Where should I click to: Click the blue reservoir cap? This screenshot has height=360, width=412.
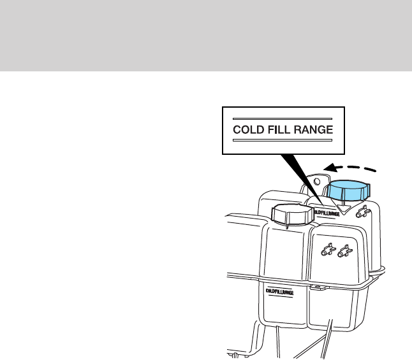(x=348, y=189)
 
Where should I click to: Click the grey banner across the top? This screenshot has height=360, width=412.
(x=206, y=36)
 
